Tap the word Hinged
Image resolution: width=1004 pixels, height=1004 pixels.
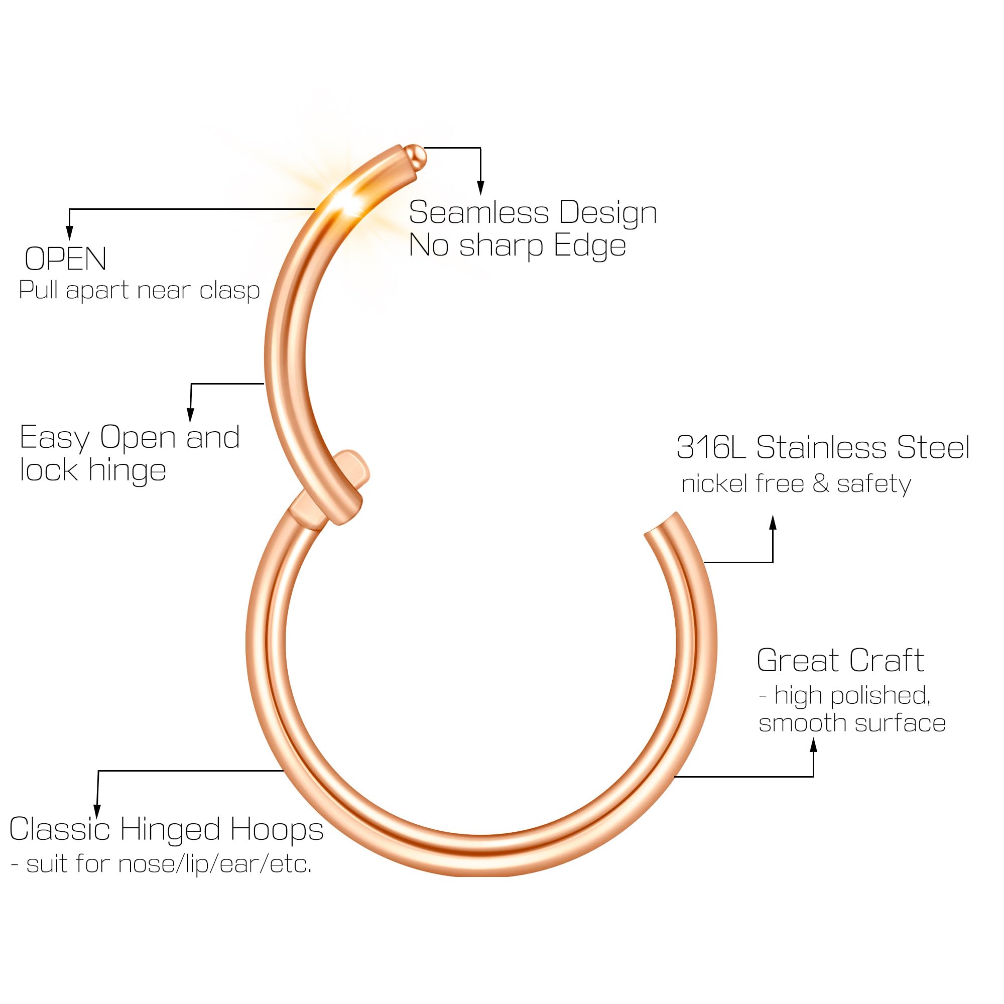(171, 830)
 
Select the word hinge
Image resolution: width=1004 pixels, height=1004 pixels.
(128, 471)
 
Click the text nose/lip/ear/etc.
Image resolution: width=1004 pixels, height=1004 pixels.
(215, 864)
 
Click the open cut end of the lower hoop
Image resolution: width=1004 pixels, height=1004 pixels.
(662, 526)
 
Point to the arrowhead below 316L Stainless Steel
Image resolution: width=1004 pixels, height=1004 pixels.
(773, 523)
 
